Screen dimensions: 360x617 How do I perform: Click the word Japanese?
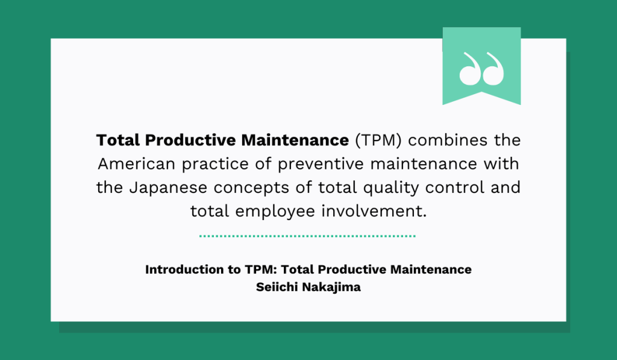(x=161, y=188)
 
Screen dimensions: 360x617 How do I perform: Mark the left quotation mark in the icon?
(x=469, y=68)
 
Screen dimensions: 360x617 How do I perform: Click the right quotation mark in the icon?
(x=494, y=68)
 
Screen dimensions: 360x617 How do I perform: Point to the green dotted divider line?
(x=307, y=236)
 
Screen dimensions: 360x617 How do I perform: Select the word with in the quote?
(x=505, y=164)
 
